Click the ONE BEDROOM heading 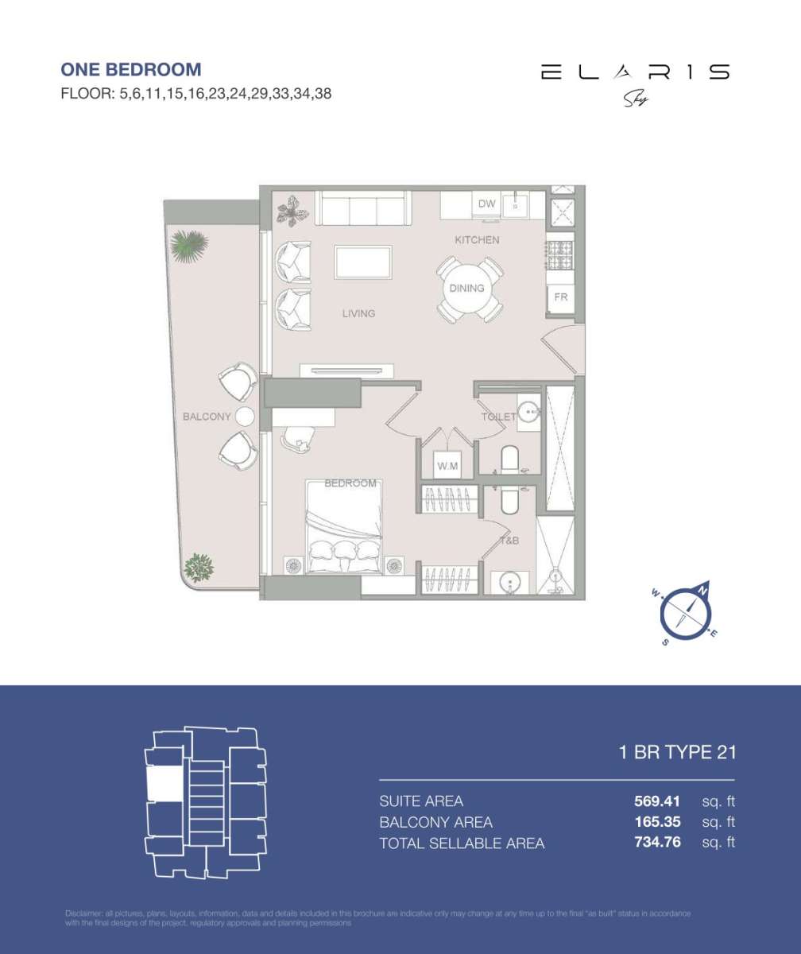pos(131,70)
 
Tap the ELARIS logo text pos(635,72)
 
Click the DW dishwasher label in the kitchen pos(486,204)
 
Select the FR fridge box pos(560,297)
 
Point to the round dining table pos(468,289)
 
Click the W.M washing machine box pos(447,466)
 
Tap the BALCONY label pos(207,417)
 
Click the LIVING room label pos(358,314)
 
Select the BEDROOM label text pos(350,483)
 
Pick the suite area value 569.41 pos(652,801)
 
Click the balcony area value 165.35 pos(652,822)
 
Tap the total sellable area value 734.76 pos(652,843)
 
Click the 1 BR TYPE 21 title pos(677,752)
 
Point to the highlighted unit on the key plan pos(164,784)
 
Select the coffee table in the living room pos(363,262)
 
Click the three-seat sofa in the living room pos(363,208)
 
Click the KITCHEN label pos(477,240)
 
